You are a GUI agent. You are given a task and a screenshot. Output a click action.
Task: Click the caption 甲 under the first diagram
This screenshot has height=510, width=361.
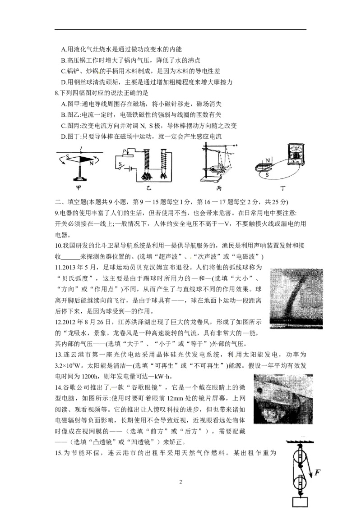79,188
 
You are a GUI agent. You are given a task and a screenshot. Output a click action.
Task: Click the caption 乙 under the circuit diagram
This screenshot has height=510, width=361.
148,188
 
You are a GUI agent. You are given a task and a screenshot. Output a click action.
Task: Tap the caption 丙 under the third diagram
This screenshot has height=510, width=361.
219,188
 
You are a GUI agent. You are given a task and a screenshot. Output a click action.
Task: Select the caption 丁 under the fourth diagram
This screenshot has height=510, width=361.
283,188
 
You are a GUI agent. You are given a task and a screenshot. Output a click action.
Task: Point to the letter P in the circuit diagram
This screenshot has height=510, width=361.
124,151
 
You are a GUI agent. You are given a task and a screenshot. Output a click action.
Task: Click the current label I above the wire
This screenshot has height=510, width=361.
81,149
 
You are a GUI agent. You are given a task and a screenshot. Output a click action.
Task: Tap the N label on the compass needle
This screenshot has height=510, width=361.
91,163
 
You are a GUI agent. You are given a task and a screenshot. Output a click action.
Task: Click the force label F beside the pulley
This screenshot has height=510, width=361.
318,472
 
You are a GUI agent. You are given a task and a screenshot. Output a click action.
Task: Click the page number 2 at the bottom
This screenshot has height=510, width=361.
180,482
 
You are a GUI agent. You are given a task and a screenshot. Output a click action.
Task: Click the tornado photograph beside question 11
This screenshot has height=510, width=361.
296,299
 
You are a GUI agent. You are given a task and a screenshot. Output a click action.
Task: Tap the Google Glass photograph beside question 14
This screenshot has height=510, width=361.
283,399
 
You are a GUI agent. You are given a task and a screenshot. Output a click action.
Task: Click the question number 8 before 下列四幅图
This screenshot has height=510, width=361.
57,93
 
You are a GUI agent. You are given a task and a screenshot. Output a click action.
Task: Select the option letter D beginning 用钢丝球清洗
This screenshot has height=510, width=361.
64,82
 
